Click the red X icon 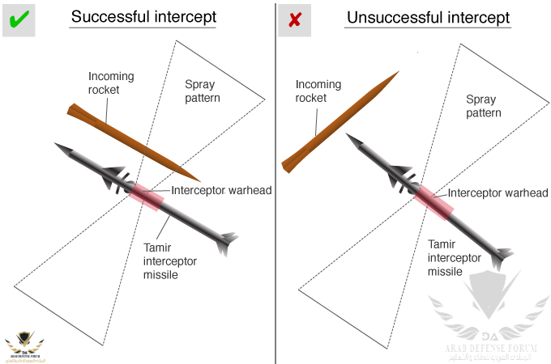[x=294, y=19]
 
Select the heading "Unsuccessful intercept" [x=428, y=17]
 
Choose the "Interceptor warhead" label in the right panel [x=498, y=193]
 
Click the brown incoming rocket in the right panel [x=340, y=121]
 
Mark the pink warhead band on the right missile [x=434, y=202]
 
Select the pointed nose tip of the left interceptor [x=58, y=146]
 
